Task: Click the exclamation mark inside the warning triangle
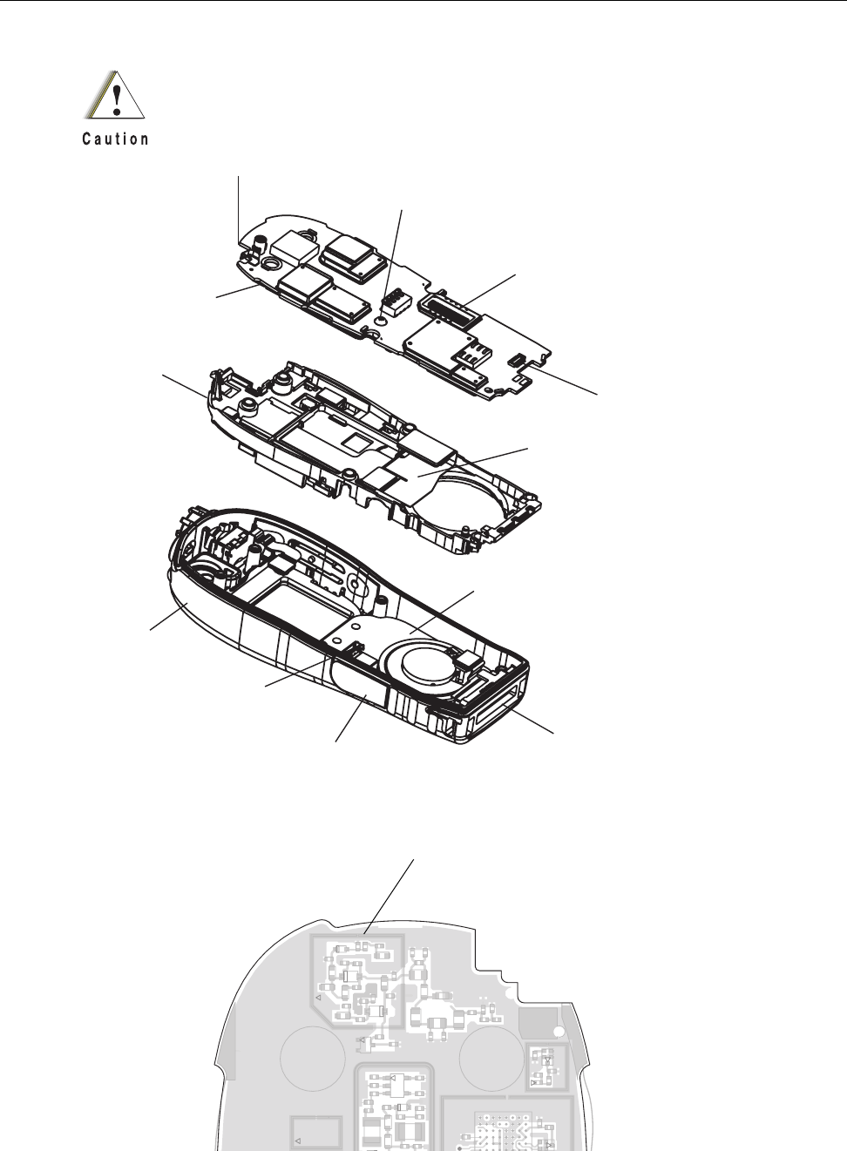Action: [117, 97]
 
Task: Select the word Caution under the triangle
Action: [116, 139]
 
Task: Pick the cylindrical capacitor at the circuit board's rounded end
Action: [258, 249]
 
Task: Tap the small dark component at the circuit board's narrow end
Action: [518, 358]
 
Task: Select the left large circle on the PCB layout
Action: [313, 1057]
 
